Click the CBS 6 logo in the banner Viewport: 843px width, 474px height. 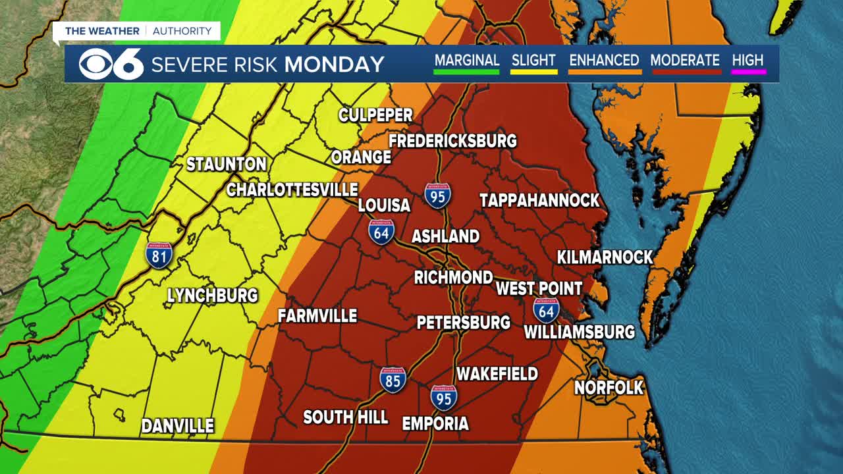point(111,64)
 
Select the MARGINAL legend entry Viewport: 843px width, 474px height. point(466,61)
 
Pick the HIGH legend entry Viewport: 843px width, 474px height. point(748,61)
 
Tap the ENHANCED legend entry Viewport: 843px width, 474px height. point(604,61)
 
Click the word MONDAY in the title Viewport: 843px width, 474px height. point(335,65)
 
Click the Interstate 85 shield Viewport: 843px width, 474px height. point(393,381)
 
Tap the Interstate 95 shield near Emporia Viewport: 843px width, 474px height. point(444,398)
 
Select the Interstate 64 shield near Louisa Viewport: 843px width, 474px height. point(381,232)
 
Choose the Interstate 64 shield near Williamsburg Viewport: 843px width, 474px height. point(546,310)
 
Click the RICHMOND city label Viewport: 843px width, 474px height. point(453,278)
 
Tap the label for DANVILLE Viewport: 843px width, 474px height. point(178,426)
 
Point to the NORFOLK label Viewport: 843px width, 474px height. point(609,388)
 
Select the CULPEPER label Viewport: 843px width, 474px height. point(375,115)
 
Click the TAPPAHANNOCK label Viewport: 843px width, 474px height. point(539,201)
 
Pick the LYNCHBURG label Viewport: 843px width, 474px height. point(212,296)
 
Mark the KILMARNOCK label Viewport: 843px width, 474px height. point(605,257)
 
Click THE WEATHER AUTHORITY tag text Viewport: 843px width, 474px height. point(138,31)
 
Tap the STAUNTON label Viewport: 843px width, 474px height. point(226,165)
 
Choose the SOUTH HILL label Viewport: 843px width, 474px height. point(345,417)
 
